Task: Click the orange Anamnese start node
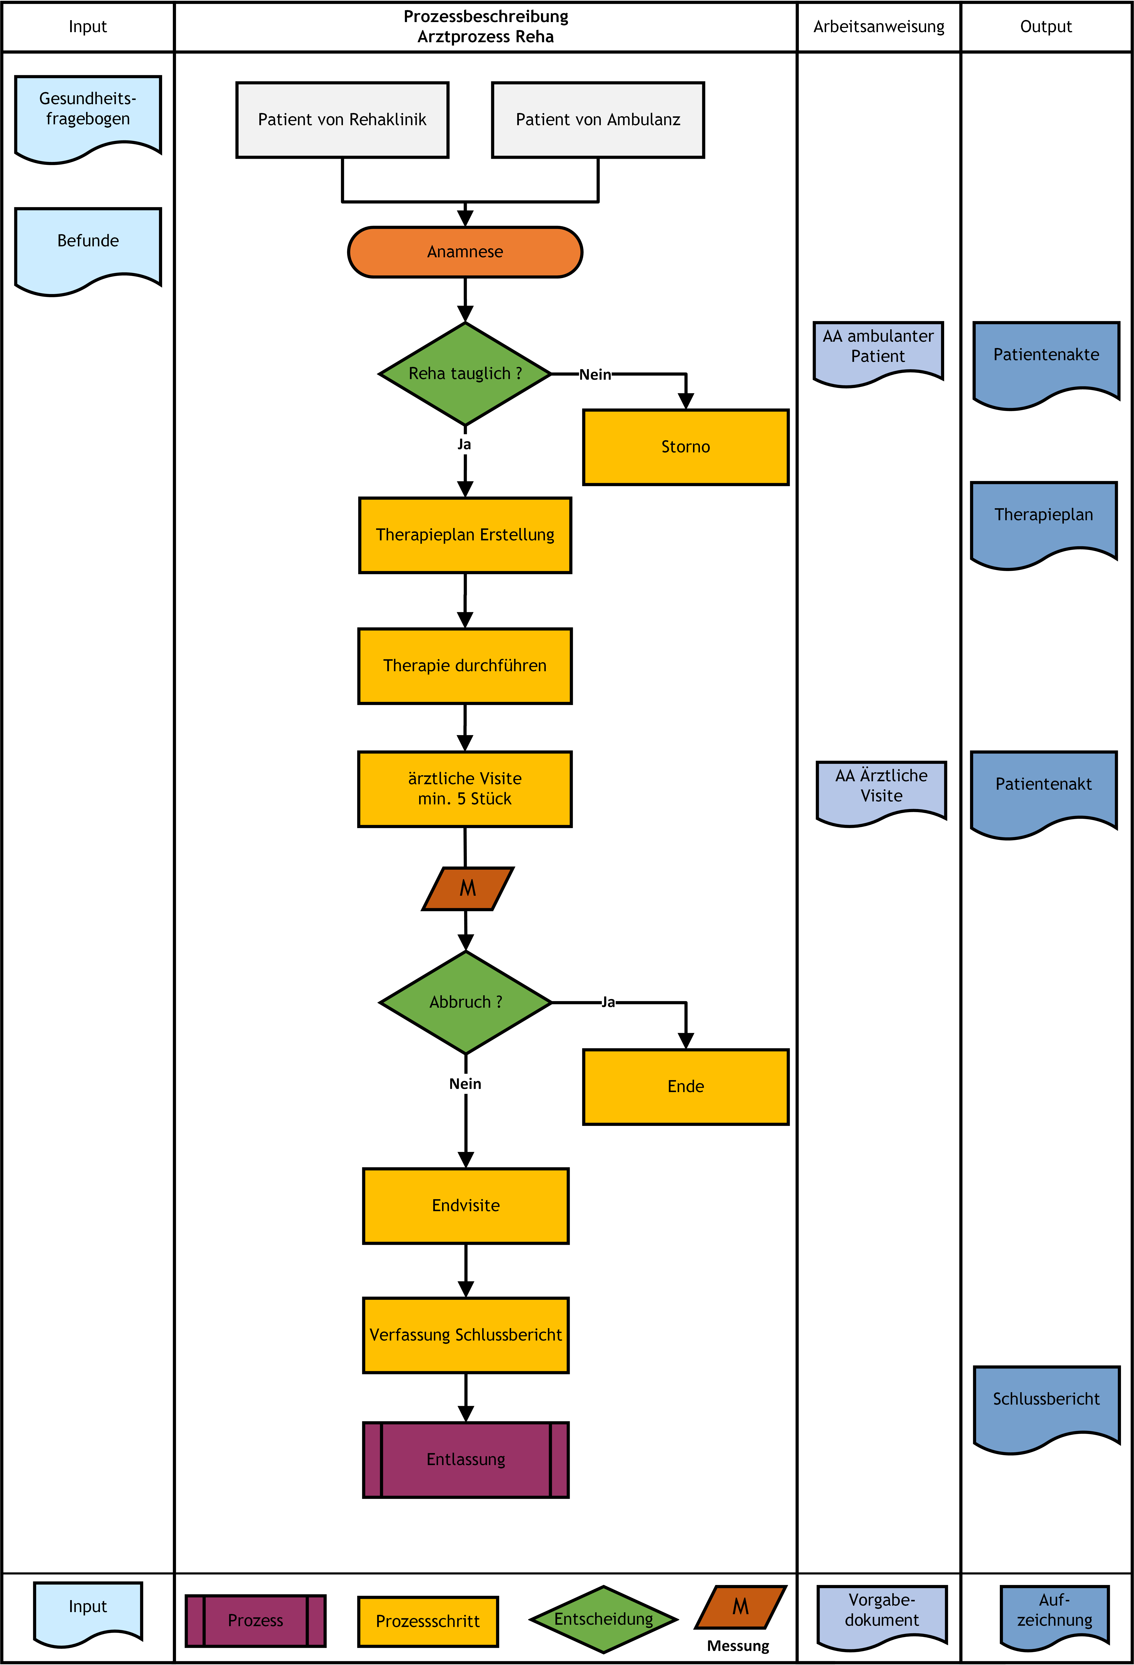click(x=465, y=252)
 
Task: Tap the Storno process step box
click(x=686, y=447)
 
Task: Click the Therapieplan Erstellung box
click(x=465, y=535)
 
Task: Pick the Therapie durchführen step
click(x=465, y=666)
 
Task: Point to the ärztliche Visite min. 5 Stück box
click(x=465, y=789)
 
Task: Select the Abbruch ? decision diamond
click(x=466, y=1002)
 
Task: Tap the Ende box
click(x=686, y=1087)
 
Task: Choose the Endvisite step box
click(x=466, y=1206)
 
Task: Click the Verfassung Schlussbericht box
click(x=466, y=1335)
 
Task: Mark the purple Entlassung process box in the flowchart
click(x=466, y=1460)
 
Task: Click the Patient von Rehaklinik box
click(x=343, y=120)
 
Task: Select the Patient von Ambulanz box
click(x=598, y=120)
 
